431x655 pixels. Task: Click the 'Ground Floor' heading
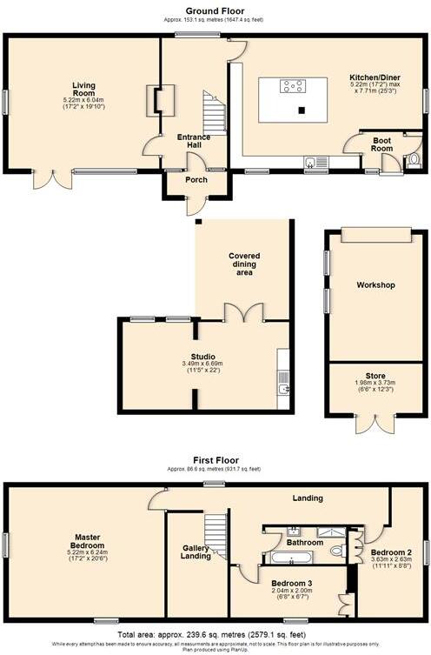(215, 10)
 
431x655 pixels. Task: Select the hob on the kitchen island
(291, 85)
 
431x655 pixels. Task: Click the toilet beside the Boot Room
(413, 159)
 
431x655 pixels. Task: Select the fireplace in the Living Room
(162, 99)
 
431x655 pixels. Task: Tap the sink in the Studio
(284, 388)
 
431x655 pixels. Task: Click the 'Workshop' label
(375, 285)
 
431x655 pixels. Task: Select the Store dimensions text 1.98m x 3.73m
(375, 384)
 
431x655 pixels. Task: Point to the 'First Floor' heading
(215, 460)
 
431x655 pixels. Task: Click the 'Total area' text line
(215, 635)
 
